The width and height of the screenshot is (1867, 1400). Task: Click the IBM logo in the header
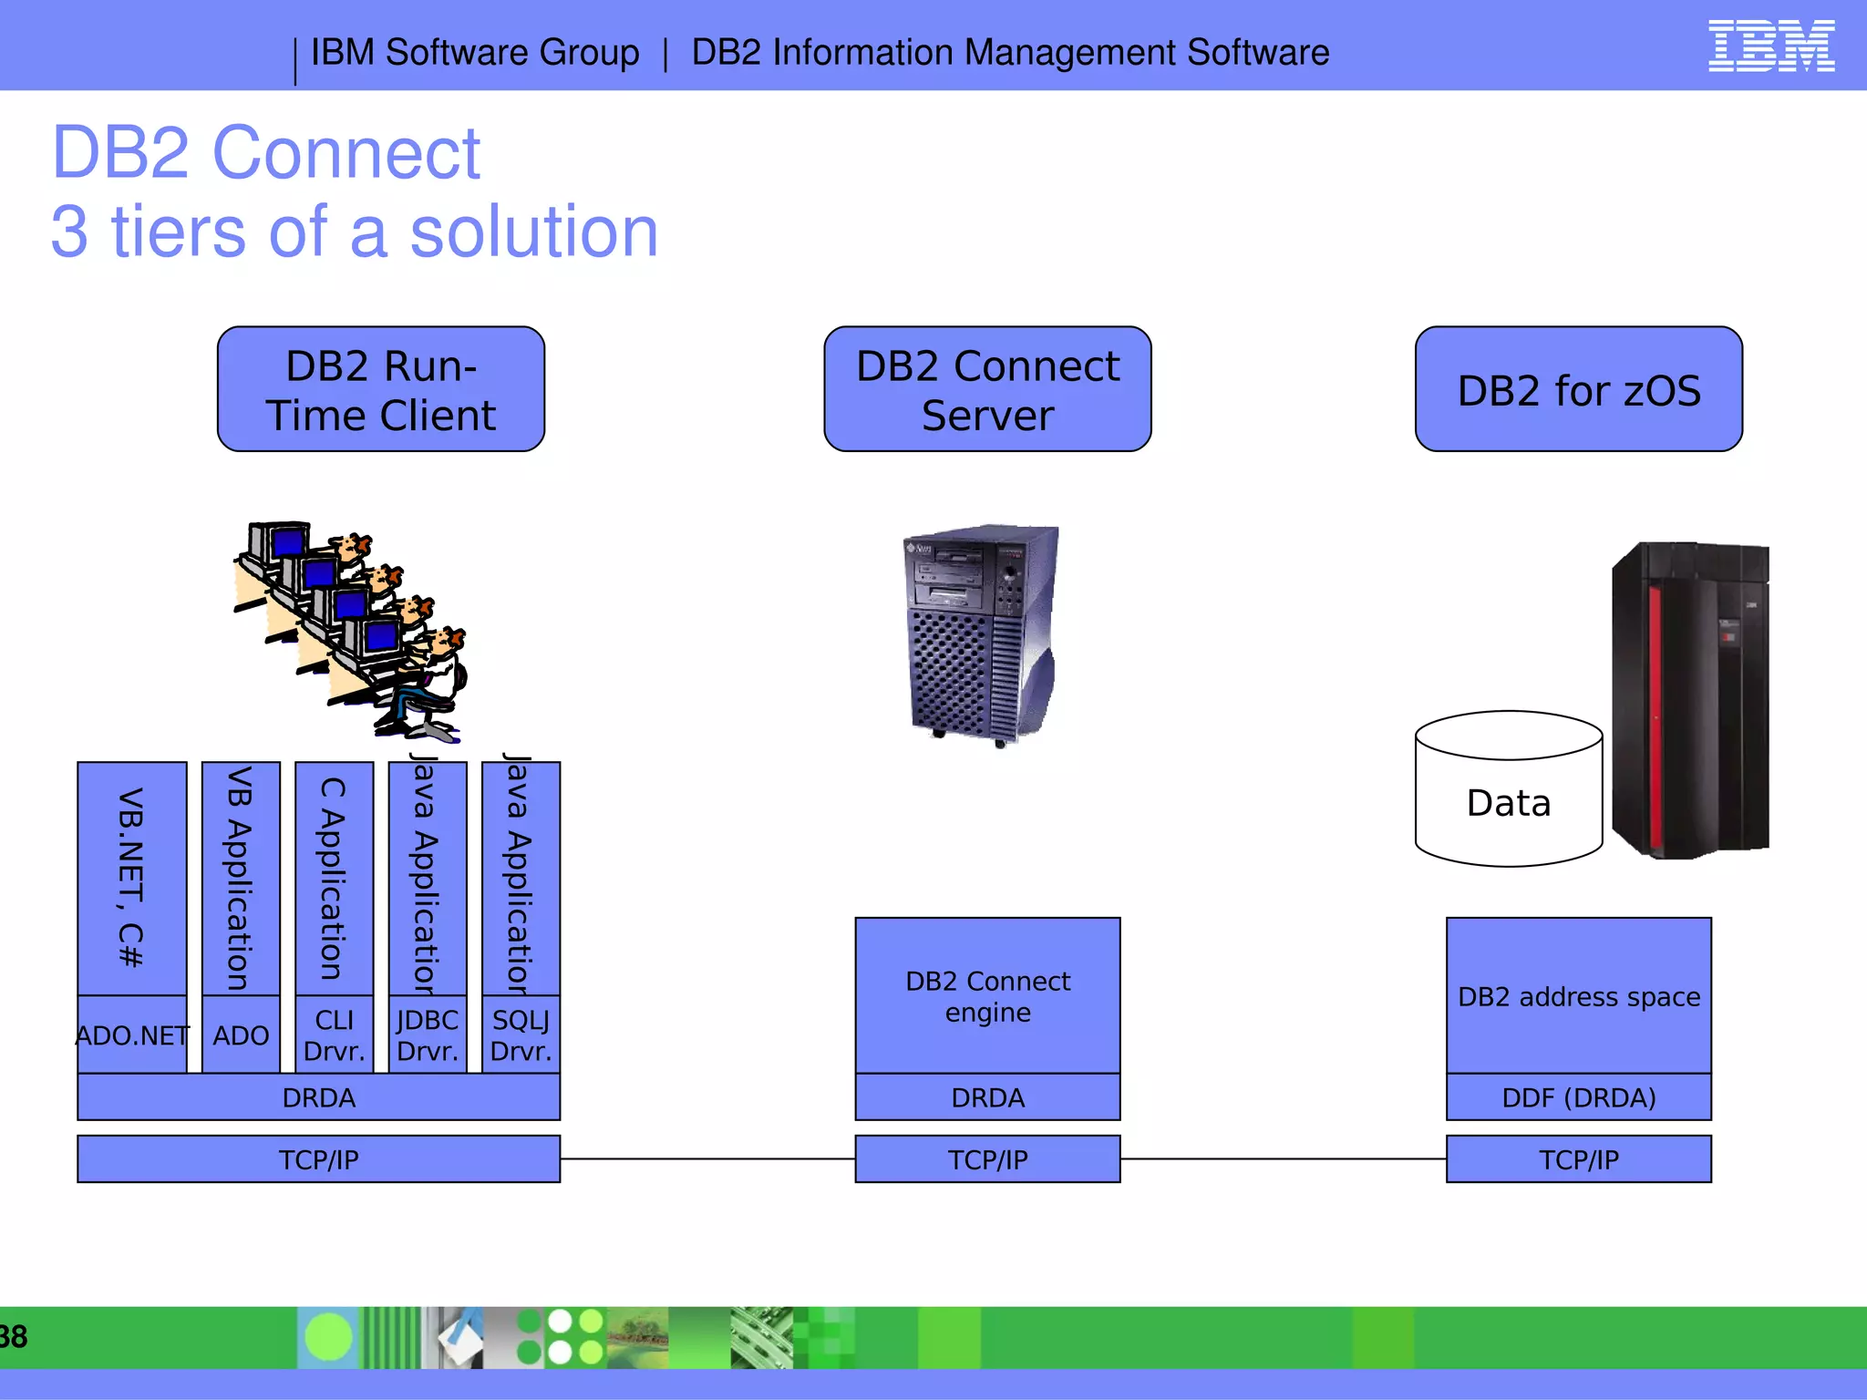tap(1770, 46)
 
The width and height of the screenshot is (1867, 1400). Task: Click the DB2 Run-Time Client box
tap(381, 389)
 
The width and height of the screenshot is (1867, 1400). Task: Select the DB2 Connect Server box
tap(987, 389)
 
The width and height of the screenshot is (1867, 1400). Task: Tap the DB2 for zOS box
tap(1578, 389)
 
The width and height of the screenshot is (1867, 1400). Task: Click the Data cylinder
tap(1509, 802)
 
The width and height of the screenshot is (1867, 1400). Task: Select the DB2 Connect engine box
tap(987, 995)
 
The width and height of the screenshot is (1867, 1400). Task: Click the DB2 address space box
tap(1578, 995)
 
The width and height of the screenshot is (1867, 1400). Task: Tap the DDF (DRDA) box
tap(1578, 1097)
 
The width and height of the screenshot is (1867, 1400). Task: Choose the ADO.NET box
tap(132, 1035)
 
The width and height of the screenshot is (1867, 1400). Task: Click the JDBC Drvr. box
tap(428, 1035)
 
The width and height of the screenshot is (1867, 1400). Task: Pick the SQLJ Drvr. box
tap(521, 1035)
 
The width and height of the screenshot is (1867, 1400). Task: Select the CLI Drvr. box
tap(335, 1035)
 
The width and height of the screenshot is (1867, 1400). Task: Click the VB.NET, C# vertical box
tap(132, 878)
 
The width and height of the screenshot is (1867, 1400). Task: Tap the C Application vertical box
tap(335, 878)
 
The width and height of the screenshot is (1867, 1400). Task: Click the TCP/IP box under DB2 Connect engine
tap(987, 1159)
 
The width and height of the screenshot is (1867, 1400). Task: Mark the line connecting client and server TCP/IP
tap(707, 1159)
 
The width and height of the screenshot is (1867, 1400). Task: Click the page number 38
tap(13, 1337)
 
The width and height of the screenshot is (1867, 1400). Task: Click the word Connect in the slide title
tap(346, 153)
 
